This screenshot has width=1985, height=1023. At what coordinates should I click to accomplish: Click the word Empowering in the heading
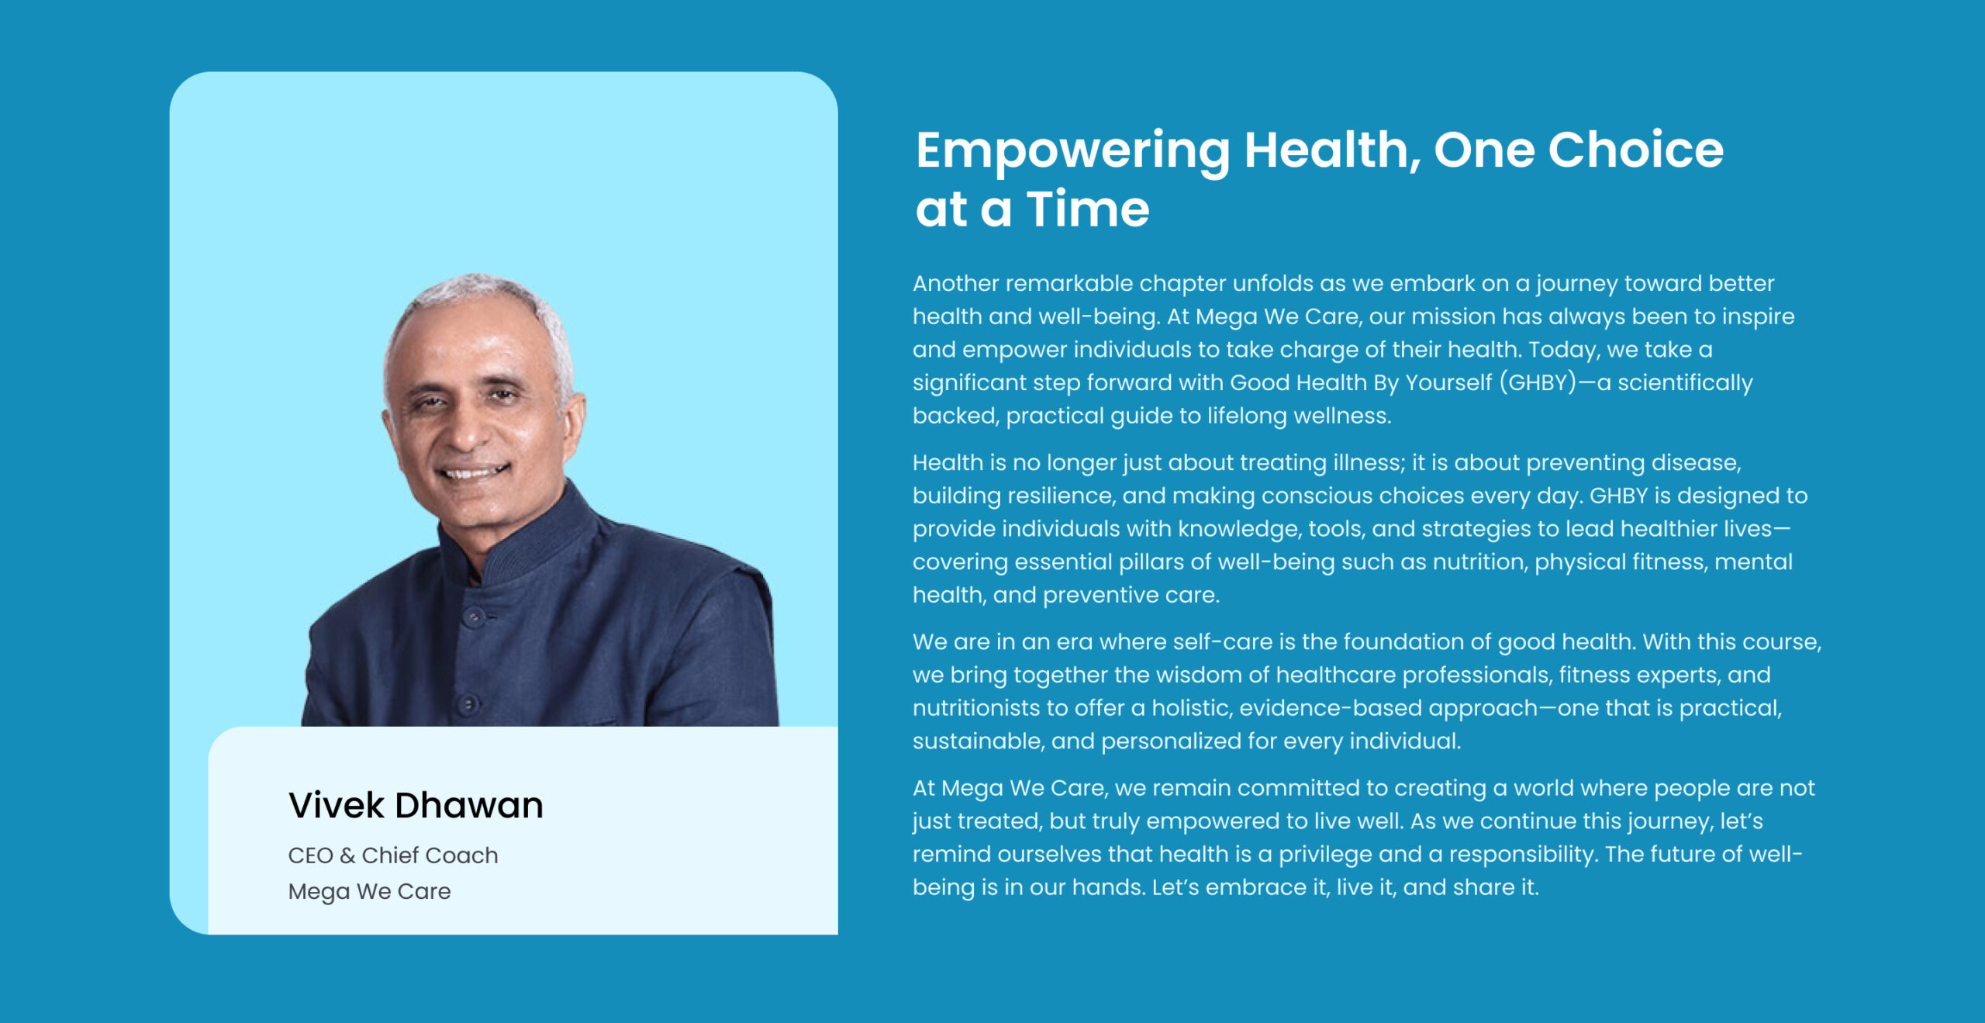pyautogui.click(x=1072, y=152)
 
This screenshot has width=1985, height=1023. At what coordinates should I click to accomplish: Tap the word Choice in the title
pyautogui.click(x=1635, y=149)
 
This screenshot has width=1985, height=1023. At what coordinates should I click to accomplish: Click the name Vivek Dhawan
pyautogui.click(x=416, y=805)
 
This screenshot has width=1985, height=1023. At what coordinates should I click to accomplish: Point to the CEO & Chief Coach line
pyautogui.click(x=393, y=855)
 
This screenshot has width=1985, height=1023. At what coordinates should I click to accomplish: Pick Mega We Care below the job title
pyautogui.click(x=369, y=892)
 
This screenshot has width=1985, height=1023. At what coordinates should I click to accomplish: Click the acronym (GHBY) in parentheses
pyautogui.click(x=1538, y=382)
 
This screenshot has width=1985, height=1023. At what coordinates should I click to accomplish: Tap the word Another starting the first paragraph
pyautogui.click(x=955, y=283)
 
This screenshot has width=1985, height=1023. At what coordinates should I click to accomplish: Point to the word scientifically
pyautogui.click(x=1685, y=383)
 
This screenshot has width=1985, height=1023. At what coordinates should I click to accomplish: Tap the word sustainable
pyautogui.click(x=978, y=741)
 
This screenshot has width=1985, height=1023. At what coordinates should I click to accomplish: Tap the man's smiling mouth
pyautogui.click(x=471, y=471)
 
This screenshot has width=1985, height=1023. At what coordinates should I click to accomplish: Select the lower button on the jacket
pyautogui.click(x=468, y=703)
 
